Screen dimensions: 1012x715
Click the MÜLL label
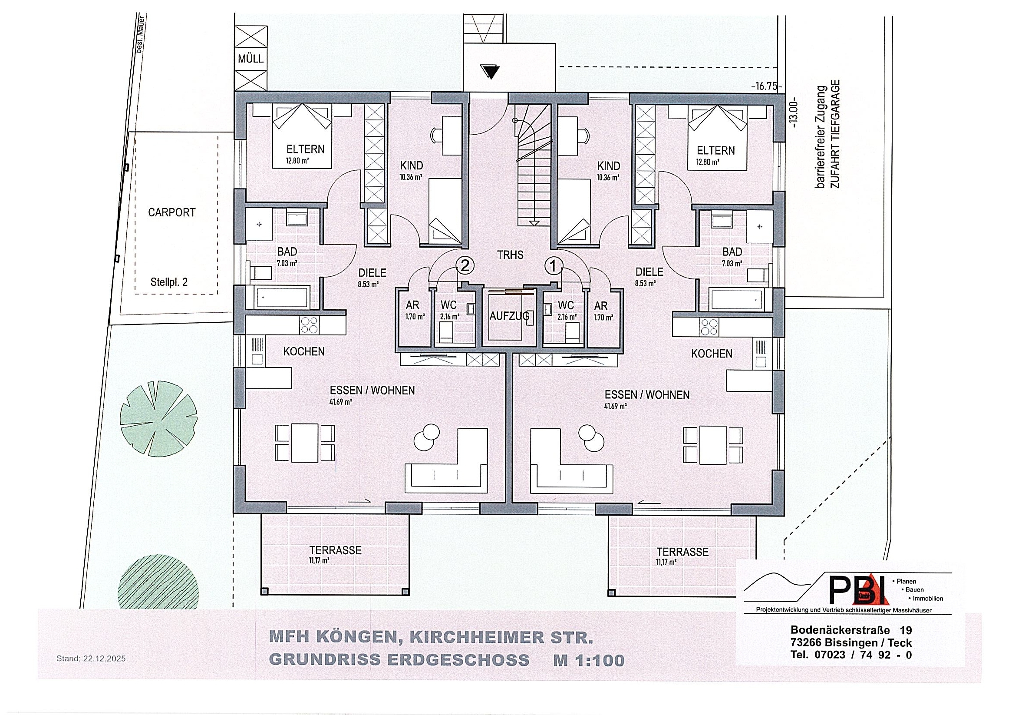tap(251, 59)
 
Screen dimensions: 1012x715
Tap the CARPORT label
tap(171, 212)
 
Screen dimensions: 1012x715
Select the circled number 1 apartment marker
tap(554, 265)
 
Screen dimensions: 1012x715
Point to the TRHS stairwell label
tap(510, 255)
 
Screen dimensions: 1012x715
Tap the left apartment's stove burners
tap(309, 325)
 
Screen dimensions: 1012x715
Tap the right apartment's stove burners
tap(709, 327)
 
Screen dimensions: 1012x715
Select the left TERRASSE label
tap(335, 550)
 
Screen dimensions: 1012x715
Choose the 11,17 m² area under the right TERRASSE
tap(666, 562)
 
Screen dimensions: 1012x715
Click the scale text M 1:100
tap(589, 660)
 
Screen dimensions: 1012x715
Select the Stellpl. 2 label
tap(169, 282)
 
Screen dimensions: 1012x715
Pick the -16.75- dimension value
tap(765, 86)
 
